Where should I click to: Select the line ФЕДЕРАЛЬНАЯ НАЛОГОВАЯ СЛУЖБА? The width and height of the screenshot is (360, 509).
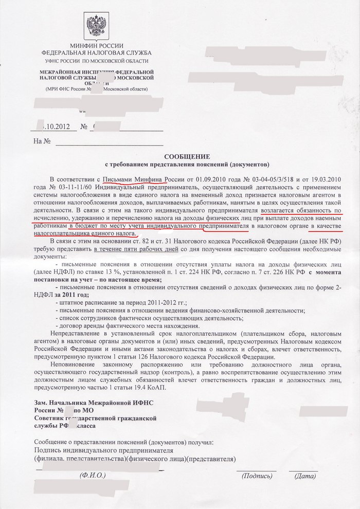pos(96,53)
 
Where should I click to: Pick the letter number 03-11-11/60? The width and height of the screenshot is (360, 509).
pos(74,187)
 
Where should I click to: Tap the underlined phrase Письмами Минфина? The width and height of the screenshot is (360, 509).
pos(133,179)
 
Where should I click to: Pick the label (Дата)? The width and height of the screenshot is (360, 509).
pos(305,476)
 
